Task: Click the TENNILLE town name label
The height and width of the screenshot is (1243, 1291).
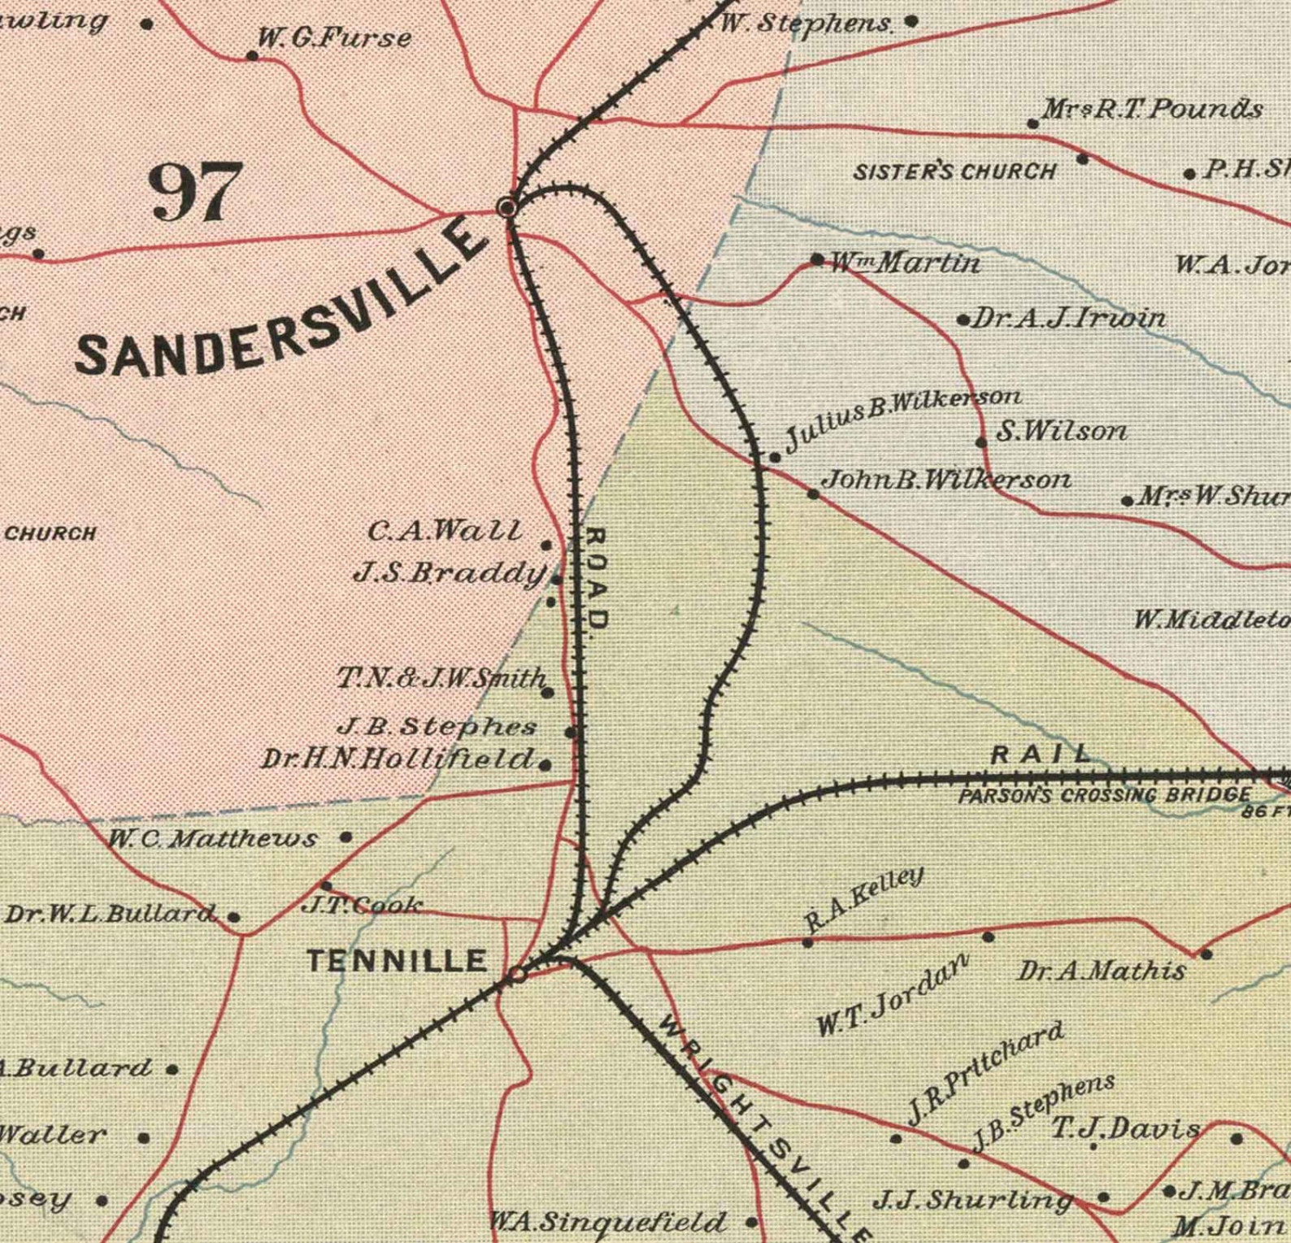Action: point(397,961)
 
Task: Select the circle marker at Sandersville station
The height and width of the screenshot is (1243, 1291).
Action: point(507,208)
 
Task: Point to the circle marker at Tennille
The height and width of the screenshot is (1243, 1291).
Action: point(517,974)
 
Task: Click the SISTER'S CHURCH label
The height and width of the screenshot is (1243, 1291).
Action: point(954,172)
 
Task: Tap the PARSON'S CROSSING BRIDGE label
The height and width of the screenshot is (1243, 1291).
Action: point(1104,796)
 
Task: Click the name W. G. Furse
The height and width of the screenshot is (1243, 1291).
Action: point(334,38)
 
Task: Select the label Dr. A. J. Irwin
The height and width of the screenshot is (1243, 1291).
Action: point(1068,318)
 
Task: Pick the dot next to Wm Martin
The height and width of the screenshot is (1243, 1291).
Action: point(817,259)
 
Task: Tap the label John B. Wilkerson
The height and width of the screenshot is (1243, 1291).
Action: point(945,480)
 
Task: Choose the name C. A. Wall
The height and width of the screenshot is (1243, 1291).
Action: point(444,531)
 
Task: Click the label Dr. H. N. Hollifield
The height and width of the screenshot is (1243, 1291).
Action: point(398,759)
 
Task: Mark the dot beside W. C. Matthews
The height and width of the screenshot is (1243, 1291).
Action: point(346,837)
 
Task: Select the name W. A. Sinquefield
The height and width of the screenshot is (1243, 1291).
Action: point(606,1222)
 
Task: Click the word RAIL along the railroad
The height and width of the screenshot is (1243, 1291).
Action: point(1040,754)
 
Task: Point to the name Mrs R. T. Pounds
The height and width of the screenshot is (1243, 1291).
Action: point(1151,108)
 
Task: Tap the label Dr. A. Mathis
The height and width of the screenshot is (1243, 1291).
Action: point(1102,971)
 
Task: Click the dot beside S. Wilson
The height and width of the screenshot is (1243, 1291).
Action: point(981,442)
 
